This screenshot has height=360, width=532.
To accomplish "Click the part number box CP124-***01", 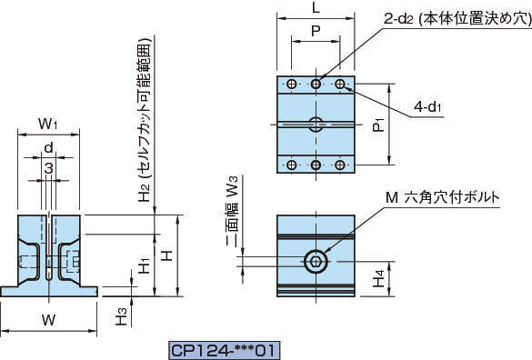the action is coord(225,350).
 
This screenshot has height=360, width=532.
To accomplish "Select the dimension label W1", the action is coord(48,124).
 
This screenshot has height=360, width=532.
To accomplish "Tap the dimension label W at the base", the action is coord(49,319).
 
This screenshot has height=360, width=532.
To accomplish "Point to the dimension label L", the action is coord(316,7).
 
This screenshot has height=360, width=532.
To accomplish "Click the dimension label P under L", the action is coord(316,31).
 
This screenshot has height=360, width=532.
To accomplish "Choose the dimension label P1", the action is coord(379,125).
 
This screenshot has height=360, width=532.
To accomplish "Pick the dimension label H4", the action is coord(379,279).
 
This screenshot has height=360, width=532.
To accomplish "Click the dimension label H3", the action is coord(121,316).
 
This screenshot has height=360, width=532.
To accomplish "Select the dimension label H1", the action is coord(145,265).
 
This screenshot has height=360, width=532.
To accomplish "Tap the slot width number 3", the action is coord(49,168).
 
